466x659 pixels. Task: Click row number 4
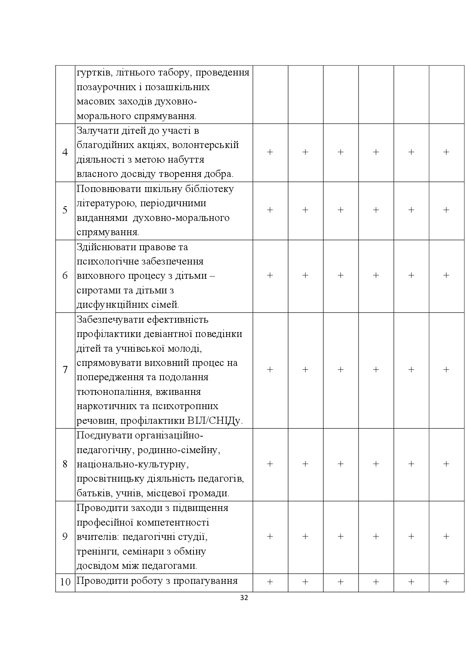point(65,153)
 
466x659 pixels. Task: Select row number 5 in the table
point(65,210)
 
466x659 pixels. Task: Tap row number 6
point(65,276)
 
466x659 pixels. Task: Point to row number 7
point(65,370)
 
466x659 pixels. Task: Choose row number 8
point(65,464)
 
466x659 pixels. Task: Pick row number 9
point(65,537)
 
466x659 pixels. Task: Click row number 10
point(65,582)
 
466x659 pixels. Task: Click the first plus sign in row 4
point(270,152)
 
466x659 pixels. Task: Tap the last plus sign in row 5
point(446,210)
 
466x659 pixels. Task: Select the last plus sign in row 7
point(446,370)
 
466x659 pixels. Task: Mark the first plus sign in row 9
point(270,537)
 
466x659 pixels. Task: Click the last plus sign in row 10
point(446,582)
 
